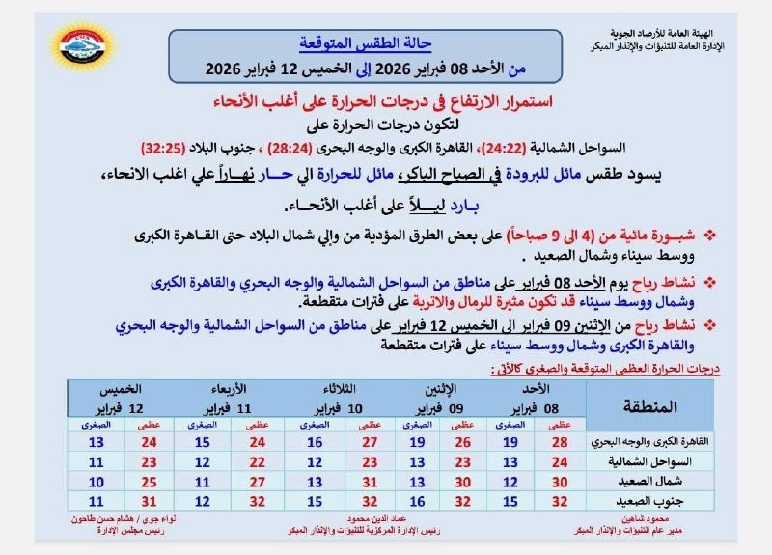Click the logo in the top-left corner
click(x=82, y=46)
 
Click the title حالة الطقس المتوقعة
click(x=351, y=43)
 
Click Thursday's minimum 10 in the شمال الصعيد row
click(x=96, y=482)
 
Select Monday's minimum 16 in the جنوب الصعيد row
click(x=417, y=501)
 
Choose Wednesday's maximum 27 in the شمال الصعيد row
click(x=257, y=482)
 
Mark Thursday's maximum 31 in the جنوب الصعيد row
click(x=149, y=501)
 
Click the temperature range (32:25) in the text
click(x=165, y=150)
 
